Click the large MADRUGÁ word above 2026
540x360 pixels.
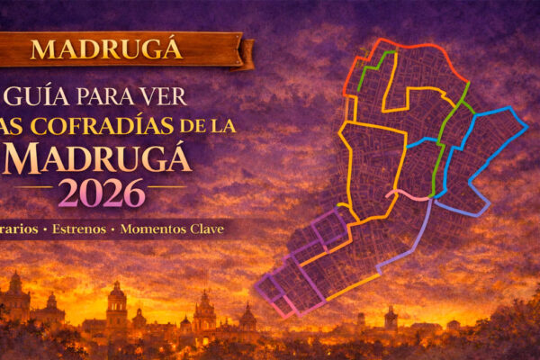pyautogui.click(x=103, y=158)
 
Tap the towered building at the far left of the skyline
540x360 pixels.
pyautogui.click(x=16, y=297)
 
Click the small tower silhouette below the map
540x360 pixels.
pyautogui.click(x=391, y=318)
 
